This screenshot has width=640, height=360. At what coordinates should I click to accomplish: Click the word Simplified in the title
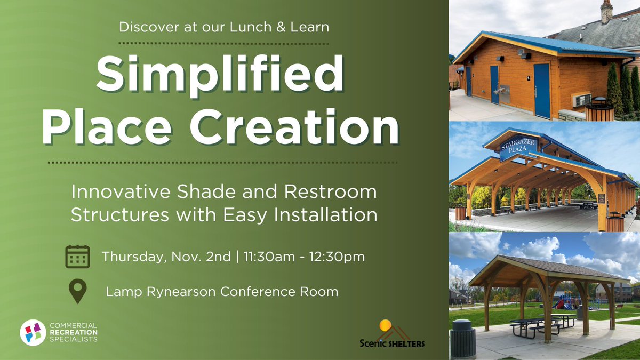220,75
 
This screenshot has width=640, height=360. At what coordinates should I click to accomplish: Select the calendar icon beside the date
77,257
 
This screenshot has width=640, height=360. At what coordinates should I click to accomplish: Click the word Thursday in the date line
134,257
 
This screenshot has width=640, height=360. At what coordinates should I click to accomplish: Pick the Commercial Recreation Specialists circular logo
33,332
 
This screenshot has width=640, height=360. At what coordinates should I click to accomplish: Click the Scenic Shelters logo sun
385,325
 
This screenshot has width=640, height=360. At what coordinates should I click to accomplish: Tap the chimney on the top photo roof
606,12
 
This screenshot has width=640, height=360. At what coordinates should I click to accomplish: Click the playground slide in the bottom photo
566,302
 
